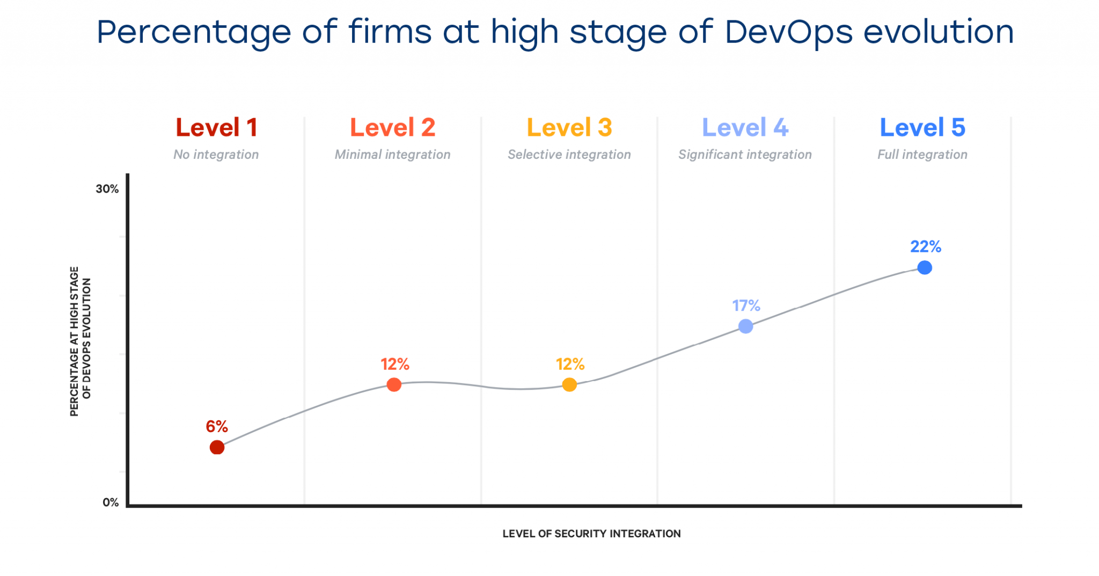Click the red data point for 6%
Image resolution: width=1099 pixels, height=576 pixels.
click(217, 447)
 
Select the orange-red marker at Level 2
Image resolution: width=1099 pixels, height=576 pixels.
click(394, 384)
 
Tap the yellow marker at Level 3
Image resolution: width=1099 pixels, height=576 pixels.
click(569, 384)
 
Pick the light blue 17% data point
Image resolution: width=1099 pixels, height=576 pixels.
click(745, 326)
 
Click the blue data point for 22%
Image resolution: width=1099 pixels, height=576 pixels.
click(924, 267)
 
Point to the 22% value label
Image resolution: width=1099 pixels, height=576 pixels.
click(925, 246)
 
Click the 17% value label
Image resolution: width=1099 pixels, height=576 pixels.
click(746, 305)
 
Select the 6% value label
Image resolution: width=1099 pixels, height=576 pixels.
click(217, 426)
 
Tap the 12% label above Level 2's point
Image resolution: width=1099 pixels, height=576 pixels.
click(395, 364)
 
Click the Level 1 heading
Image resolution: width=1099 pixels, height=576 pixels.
click(216, 128)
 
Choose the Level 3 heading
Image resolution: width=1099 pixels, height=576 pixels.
click(569, 128)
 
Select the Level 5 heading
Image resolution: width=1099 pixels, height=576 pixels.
click(922, 128)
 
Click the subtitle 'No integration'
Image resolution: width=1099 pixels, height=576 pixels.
click(216, 155)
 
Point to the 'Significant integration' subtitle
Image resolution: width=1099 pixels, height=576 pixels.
click(745, 155)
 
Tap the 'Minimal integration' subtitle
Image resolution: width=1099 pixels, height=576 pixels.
click(392, 155)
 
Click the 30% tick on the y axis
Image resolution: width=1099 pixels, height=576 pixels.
click(107, 189)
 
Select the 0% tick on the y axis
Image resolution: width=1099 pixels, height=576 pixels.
click(111, 502)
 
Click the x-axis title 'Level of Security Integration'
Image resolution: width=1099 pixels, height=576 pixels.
click(591, 534)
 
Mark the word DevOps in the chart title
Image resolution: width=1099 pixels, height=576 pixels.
click(788, 32)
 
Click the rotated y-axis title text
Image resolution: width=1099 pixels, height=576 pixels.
click(80, 341)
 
